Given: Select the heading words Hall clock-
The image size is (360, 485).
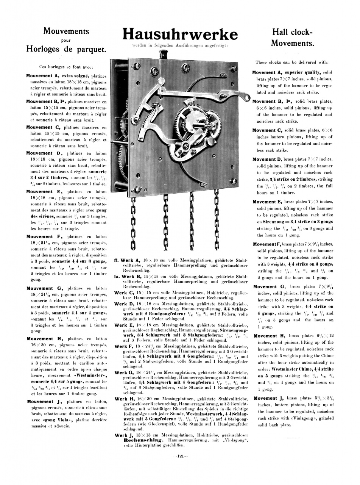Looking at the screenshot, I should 293,32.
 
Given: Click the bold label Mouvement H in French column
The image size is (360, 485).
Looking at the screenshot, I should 40,339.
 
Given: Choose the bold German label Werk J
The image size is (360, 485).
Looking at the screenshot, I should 123,435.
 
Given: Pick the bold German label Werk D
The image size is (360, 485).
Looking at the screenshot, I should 124,304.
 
